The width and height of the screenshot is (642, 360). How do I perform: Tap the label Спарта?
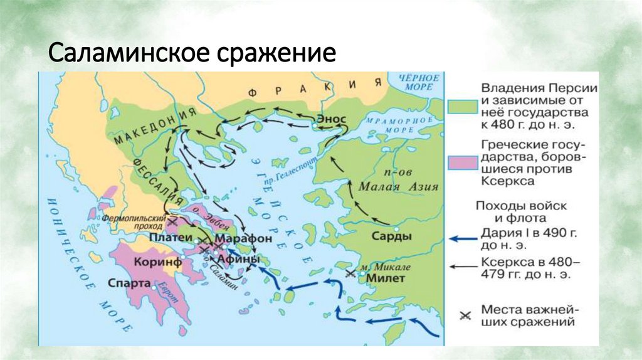129,283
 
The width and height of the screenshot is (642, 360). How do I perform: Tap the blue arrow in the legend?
462,238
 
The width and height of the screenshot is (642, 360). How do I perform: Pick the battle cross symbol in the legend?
463,316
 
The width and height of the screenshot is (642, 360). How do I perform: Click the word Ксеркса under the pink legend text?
507,181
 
